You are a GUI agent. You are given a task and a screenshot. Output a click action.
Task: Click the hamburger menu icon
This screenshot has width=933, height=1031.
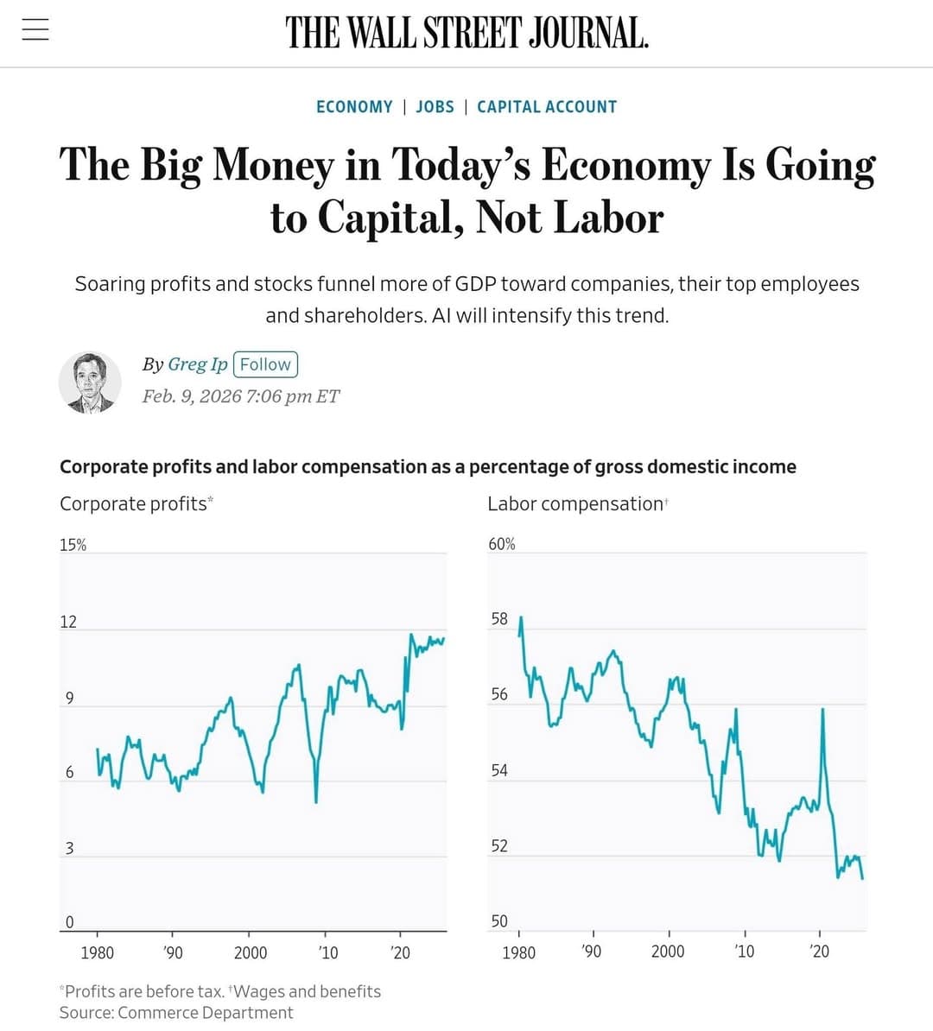tap(35, 30)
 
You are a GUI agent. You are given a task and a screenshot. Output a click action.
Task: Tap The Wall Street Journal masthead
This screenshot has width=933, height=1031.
tap(466, 33)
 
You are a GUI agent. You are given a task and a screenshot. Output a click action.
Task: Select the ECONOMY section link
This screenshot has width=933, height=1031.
tap(354, 107)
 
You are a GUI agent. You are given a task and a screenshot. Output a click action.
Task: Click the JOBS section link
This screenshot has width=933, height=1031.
tap(435, 107)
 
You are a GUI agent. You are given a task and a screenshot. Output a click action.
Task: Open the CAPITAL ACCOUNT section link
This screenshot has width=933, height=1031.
tap(547, 107)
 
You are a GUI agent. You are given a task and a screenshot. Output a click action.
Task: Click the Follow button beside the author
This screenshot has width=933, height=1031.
tap(265, 364)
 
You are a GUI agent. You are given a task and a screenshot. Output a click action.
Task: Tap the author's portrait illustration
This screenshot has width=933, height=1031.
tap(90, 382)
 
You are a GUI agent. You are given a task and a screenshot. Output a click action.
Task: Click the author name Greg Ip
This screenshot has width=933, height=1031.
tap(197, 364)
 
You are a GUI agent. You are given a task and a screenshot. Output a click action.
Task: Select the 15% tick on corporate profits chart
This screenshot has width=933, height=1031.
tap(73, 545)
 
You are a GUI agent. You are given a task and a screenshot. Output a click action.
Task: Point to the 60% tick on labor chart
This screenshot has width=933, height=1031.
tap(502, 544)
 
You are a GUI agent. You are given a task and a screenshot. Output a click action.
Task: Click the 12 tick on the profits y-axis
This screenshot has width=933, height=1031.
tap(68, 622)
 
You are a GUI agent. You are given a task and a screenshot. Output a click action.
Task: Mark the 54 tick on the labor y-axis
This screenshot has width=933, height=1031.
tap(499, 770)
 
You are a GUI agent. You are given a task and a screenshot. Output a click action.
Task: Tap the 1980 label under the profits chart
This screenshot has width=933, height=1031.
tap(97, 952)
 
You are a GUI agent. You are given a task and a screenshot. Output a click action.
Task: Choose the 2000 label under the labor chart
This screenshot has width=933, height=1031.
tap(668, 952)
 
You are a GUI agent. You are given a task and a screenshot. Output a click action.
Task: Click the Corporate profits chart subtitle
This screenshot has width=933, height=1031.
tap(134, 503)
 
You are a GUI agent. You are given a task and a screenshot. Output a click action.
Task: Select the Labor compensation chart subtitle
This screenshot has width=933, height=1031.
tap(575, 503)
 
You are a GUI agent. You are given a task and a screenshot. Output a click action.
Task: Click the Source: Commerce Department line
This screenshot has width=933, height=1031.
tap(176, 1013)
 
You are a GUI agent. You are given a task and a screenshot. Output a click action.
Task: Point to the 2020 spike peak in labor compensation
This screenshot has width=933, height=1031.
tap(822, 710)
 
